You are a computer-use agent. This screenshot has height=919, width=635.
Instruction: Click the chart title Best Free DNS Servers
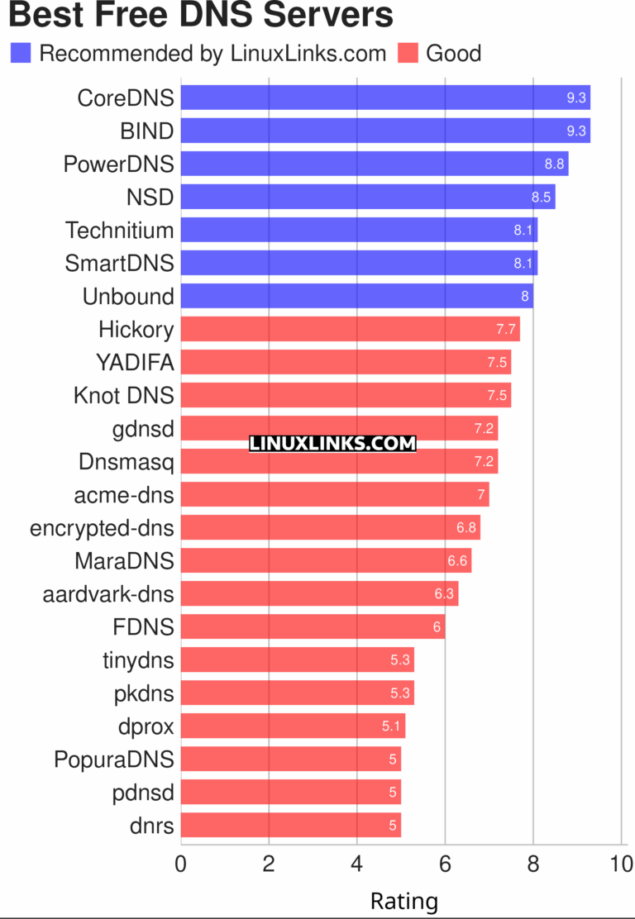pyautogui.click(x=199, y=15)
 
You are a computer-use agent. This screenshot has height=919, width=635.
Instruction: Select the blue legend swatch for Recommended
pyautogui.click(x=21, y=54)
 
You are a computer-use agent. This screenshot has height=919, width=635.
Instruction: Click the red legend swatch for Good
pyautogui.click(x=408, y=54)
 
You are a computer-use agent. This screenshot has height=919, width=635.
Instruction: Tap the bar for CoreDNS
pyautogui.click(x=384, y=98)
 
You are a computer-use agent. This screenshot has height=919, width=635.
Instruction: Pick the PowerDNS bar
pyautogui.click(x=374, y=164)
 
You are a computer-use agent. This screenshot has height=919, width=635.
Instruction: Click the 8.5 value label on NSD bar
pyautogui.click(x=542, y=197)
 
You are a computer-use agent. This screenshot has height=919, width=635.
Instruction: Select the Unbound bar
pyautogui.click(x=356, y=296)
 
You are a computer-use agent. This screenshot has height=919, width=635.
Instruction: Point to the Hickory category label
pyautogui.click(x=136, y=329)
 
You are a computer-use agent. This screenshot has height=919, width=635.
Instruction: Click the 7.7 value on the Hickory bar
pyautogui.click(x=506, y=329)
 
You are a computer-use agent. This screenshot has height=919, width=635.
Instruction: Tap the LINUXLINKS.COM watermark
pyautogui.click(x=332, y=444)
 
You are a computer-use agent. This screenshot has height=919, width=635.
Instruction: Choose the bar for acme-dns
pyautogui.click(x=334, y=494)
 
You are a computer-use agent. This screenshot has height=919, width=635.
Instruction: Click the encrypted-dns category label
pyautogui.click(x=102, y=527)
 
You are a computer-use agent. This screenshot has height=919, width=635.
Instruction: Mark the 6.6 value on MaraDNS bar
pyautogui.click(x=458, y=560)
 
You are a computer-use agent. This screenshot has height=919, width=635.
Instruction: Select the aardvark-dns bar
pyautogui.click(x=319, y=593)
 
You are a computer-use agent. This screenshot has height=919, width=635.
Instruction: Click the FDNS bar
pyautogui.click(x=313, y=626)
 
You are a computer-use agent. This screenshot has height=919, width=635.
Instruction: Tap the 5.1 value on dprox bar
pyautogui.click(x=392, y=726)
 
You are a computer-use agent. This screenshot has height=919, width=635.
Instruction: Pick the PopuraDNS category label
pyautogui.click(x=114, y=759)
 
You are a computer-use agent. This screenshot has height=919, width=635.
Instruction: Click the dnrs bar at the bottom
pyautogui.click(x=290, y=825)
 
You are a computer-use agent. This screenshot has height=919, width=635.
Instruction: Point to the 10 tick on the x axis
pyautogui.click(x=620, y=864)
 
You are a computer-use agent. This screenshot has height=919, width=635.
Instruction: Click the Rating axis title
pyautogui.click(x=403, y=900)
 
